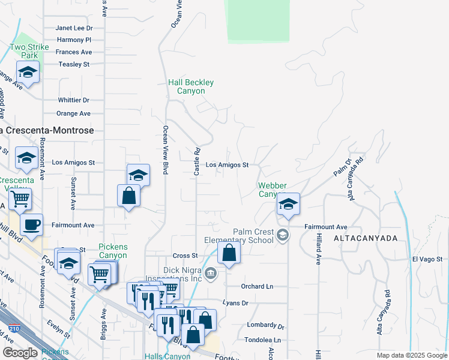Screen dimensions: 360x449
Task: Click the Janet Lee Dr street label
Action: point(74,28)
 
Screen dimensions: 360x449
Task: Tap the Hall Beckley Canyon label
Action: point(191,86)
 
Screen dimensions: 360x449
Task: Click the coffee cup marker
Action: point(31,225)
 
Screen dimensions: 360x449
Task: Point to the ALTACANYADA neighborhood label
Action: point(371,238)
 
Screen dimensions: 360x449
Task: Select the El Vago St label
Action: point(427,259)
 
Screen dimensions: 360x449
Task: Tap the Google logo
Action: point(20,353)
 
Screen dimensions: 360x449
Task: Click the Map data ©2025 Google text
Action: point(411,355)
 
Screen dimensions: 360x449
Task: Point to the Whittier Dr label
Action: point(73,100)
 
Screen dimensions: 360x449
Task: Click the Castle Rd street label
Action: point(196,161)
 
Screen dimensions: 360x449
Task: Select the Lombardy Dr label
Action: point(265,325)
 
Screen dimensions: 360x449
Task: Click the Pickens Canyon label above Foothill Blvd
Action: point(113,251)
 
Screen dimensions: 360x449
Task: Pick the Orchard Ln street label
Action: point(257,286)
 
